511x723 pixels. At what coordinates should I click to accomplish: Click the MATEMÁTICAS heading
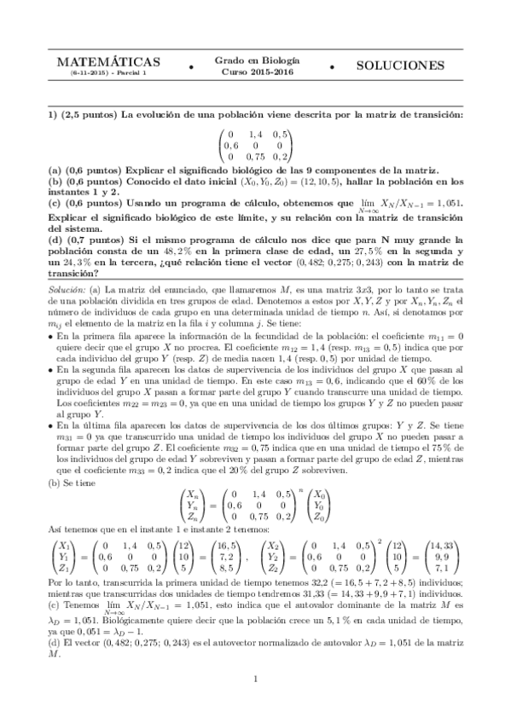[107, 64]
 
